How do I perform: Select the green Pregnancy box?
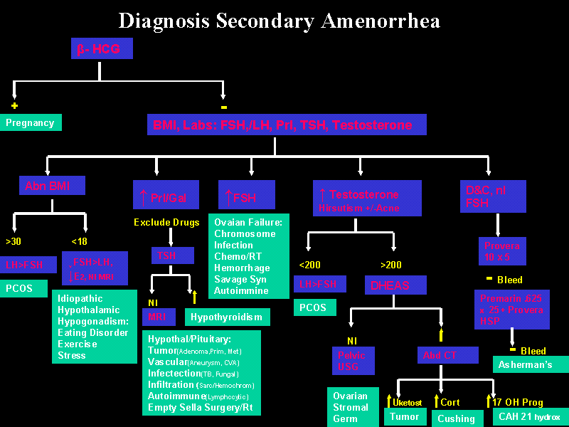(31, 122)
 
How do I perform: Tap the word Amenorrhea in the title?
(381, 20)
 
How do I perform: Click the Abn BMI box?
(52, 186)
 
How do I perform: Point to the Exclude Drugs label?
(166, 223)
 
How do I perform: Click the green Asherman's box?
(531, 364)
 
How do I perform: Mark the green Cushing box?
(456, 418)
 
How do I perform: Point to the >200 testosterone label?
(391, 265)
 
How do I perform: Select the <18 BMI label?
(80, 241)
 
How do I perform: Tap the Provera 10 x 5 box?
(501, 251)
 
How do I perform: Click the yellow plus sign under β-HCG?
(14, 105)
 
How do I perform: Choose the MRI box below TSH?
(157, 316)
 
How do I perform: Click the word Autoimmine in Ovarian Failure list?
(242, 290)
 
